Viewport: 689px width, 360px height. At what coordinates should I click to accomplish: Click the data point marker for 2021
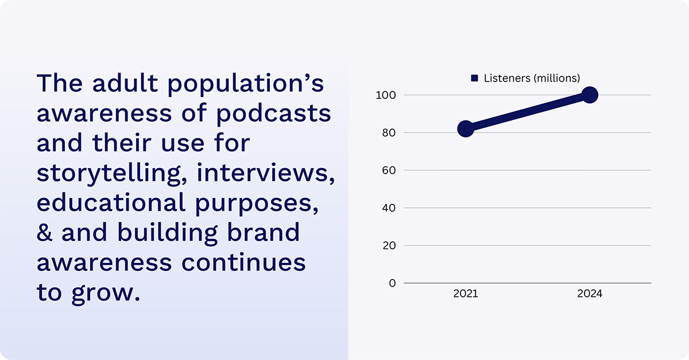pyautogui.click(x=466, y=129)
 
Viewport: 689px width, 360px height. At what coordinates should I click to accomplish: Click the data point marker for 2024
pyautogui.click(x=590, y=95)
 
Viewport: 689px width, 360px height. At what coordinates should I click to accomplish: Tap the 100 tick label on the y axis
pyautogui.click(x=386, y=95)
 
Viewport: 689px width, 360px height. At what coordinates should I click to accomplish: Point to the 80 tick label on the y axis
pyautogui.click(x=389, y=133)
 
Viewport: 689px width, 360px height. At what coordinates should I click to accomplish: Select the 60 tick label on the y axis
pyautogui.click(x=389, y=171)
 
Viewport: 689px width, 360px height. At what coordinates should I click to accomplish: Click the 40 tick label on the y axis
pyautogui.click(x=389, y=208)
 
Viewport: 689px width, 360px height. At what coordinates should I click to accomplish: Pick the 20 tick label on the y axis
pyautogui.click(x=389, y=246)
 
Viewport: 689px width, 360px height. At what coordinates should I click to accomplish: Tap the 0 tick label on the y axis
pyautogui.click(x=392, y=283)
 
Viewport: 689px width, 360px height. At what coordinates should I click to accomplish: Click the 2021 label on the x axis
pyautogui.click(x=466, y=294)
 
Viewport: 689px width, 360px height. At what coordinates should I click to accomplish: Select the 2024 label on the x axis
pyautogui.click(x=590, y=294)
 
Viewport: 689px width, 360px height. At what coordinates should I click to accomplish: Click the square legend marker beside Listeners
pyautogui.click(x=474, y=78)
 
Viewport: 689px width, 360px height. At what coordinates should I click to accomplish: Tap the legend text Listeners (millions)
pyautogui.click(x=532, y=78)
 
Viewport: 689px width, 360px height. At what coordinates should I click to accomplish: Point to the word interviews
pyautogui.click(x=266, y=173)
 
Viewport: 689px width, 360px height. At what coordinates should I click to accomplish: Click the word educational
pyautogui.click(x=111, y=203)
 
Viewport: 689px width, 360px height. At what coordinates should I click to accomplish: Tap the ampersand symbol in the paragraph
pyautogui.click(x=44, y=233)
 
